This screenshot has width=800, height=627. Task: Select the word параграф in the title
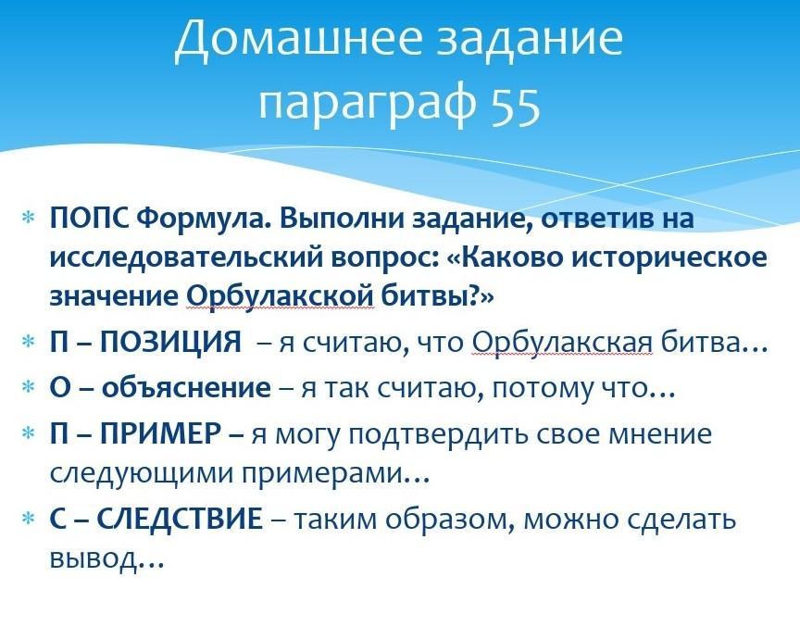pos(368,107)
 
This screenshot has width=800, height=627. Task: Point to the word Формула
pos(204,219)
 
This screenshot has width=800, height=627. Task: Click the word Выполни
pos(342,219)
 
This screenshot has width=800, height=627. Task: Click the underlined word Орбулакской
pos(281,296)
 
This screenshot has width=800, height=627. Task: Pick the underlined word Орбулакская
pos(562,342)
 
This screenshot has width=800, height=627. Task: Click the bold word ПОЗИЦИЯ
pos(170,342)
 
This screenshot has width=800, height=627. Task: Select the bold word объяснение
pos(186,388)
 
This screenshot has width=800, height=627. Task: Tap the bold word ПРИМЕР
pos(160,434)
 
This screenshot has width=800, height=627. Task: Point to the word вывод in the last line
pos(94,559)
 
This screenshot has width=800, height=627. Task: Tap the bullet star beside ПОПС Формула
pos(28,219)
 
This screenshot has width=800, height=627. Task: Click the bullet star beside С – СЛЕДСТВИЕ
pos(28,520)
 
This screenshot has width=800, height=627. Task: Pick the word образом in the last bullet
pos(449,520)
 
